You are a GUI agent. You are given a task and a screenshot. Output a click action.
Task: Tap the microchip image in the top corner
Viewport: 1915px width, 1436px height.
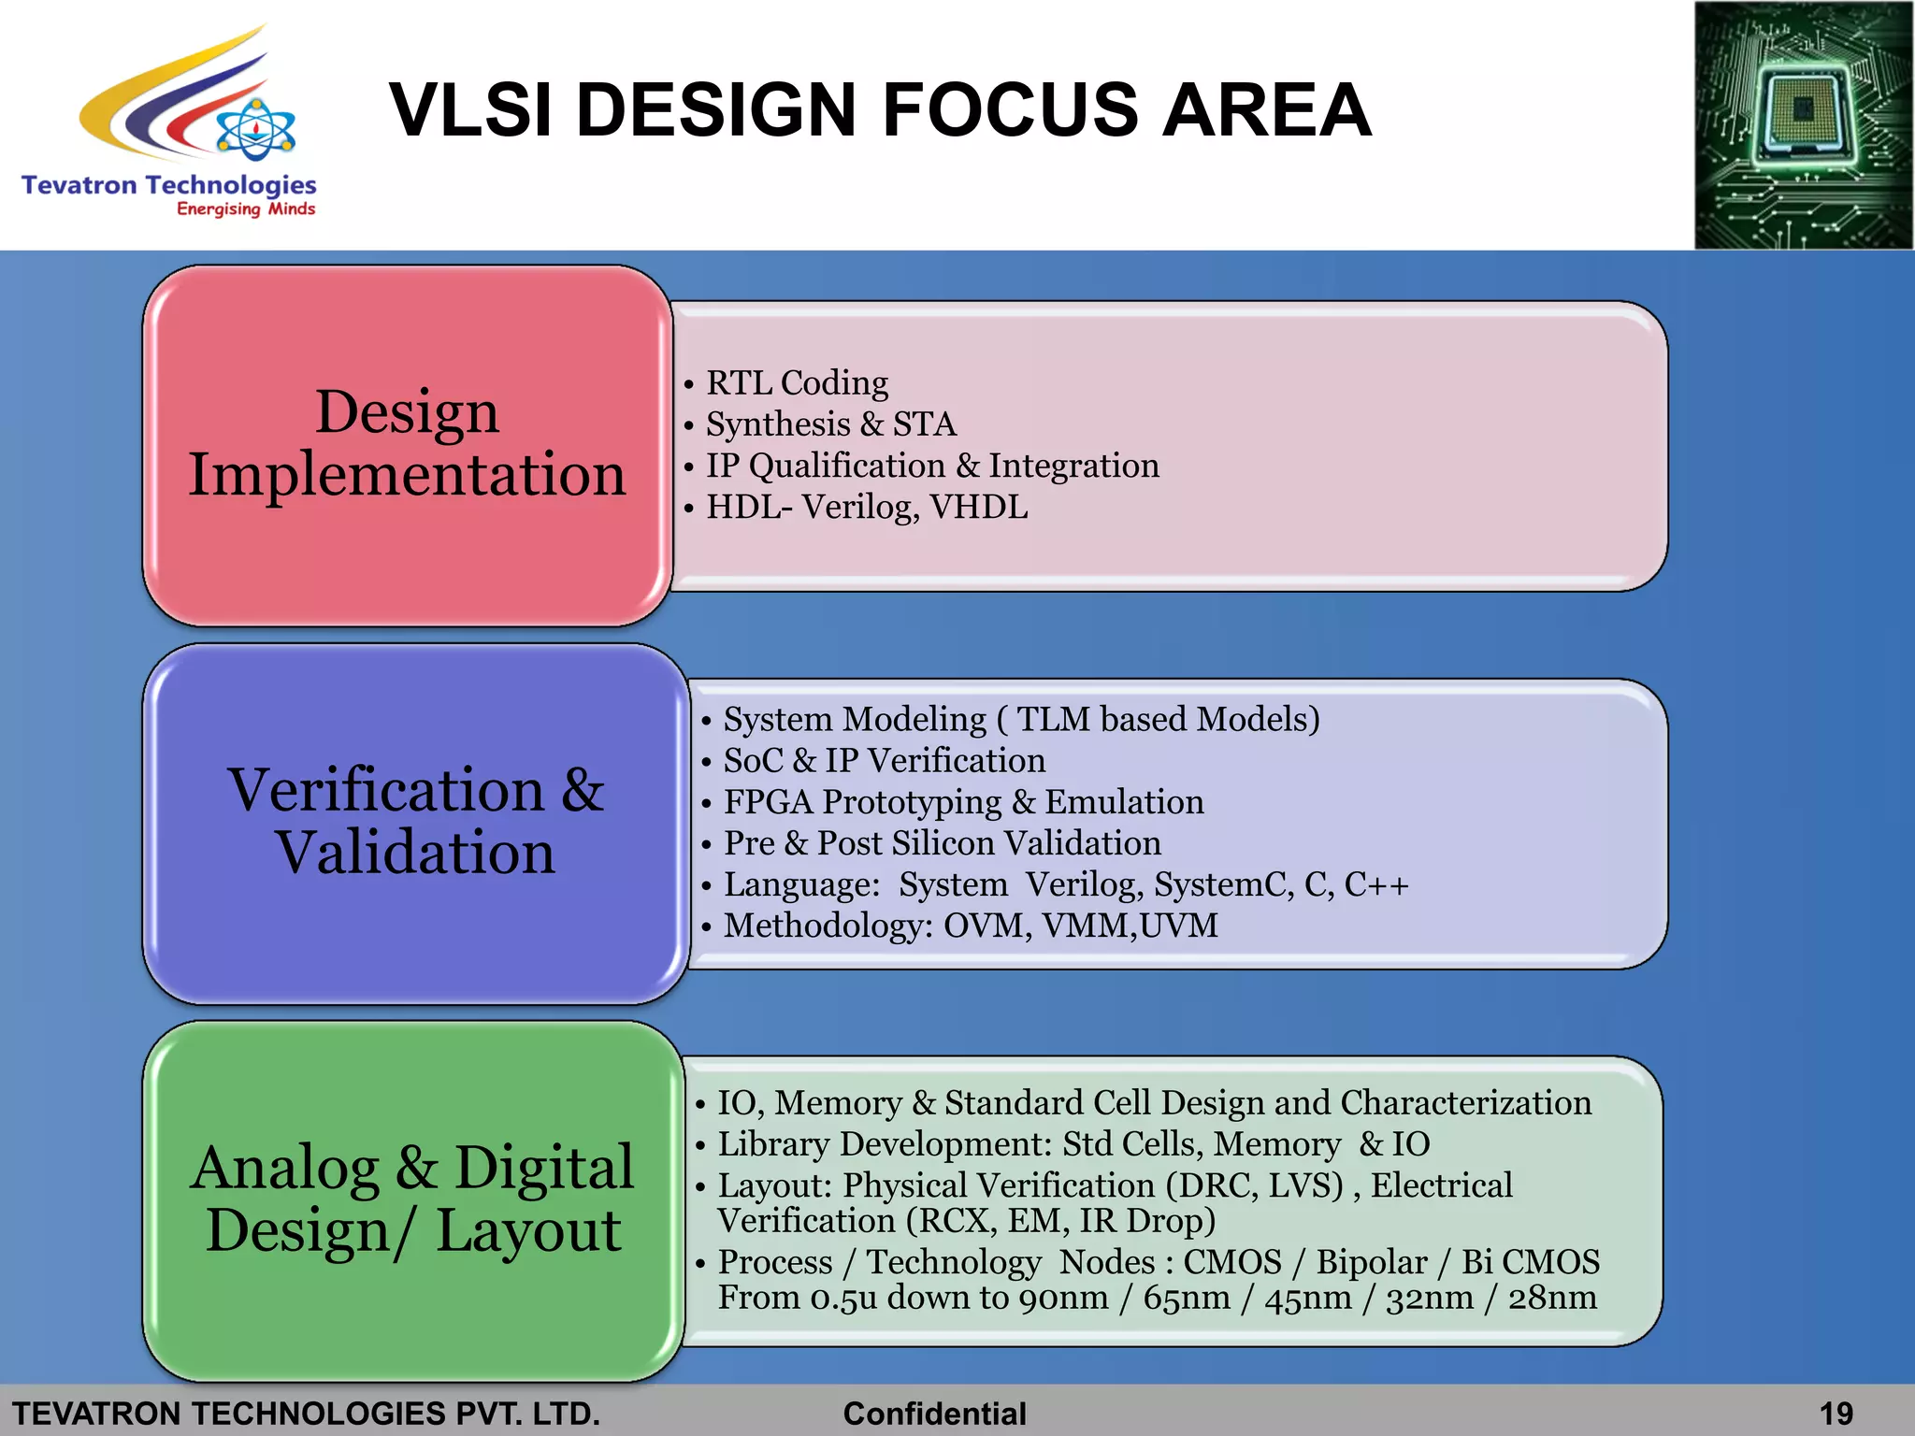pos(1803,125)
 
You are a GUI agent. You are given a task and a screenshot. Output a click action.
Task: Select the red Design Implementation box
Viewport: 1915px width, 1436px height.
pos(408,445)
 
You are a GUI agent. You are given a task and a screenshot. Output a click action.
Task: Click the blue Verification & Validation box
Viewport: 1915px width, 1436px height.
pos(416,823)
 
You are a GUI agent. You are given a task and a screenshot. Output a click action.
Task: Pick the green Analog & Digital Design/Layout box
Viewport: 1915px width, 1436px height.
pos(412,1200)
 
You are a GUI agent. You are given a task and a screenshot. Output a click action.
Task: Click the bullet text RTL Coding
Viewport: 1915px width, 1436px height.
pos(797,383)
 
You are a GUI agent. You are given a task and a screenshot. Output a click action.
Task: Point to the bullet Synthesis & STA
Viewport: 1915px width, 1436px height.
pos(830,424)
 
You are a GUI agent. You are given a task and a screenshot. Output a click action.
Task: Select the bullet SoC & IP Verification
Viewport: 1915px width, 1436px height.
pos(884,761)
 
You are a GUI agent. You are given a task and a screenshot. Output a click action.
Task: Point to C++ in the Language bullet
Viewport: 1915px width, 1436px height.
pos(1375,884)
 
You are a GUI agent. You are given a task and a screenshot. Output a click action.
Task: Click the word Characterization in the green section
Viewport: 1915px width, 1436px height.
pos(1465,1103)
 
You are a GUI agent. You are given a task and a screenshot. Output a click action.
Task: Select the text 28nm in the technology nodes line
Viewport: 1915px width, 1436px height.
pos(1552,1298)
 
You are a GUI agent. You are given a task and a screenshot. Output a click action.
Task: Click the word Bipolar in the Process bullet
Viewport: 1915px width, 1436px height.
pos(1371,1262)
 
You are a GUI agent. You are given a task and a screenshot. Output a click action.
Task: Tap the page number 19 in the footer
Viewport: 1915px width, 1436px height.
pos(1836,1414)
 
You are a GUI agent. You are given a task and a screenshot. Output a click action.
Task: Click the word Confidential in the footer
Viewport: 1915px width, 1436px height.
pos(934,1414)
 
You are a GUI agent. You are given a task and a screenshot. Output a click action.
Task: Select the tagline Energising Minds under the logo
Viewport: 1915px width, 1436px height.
pos(246,209)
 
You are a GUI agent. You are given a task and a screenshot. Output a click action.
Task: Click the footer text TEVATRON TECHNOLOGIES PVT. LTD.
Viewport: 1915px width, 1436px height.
pos(306,1414)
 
